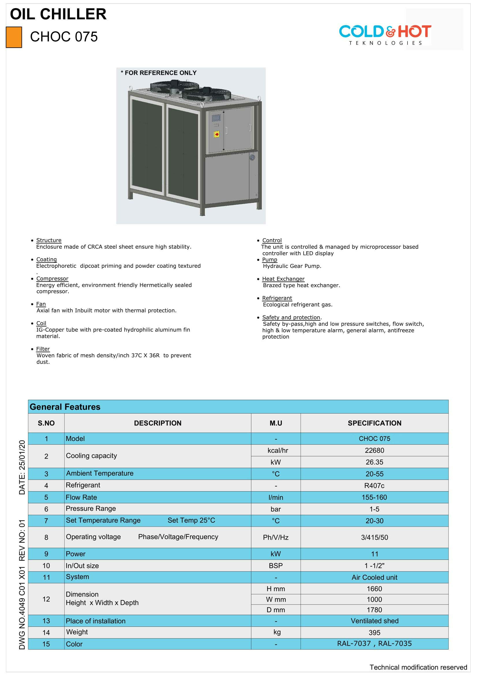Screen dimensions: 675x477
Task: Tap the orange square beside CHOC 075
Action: coord(14,37)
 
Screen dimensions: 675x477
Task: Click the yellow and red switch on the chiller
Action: coord(217,134)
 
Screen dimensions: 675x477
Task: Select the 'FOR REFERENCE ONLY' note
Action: coord(159,73)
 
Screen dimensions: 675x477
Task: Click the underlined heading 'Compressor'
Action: coord(52,278)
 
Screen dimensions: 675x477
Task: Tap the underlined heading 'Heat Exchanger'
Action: coord(283,279)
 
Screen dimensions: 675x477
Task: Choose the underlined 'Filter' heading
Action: coord(43,349)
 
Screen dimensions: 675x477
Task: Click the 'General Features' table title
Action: coord(65,407)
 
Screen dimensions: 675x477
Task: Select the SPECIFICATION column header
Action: coord(374,423)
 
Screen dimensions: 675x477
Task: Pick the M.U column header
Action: coord(275,423)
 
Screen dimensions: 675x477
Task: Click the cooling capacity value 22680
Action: coord(374,450)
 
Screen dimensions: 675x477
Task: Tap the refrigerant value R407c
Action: coord(374,486)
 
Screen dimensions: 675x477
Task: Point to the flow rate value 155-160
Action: coord(374,498)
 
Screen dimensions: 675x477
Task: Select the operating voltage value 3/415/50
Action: coord(374,537)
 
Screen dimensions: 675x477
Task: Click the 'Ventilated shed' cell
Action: coord(374,621)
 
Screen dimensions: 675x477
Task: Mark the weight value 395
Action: coord(374,633)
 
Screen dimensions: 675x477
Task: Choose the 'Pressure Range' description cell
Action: coord(91,508)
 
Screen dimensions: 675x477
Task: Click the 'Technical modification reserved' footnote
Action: coord(418,667)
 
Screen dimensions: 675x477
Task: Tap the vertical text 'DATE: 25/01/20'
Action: coord(22,467)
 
